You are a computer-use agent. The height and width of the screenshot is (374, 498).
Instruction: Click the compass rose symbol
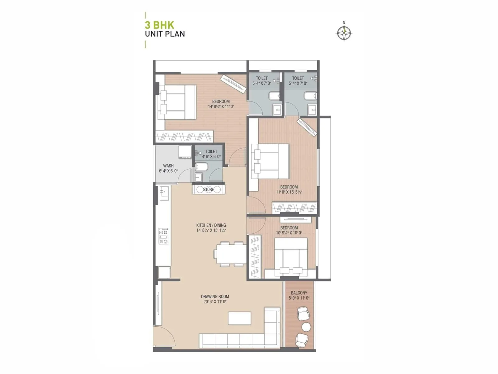coord(344,32)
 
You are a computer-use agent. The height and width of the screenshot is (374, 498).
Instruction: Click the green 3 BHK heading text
coord(159,25)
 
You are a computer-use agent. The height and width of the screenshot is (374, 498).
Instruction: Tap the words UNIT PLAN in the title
coord(165,34)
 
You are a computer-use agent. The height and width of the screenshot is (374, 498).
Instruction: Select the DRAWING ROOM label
coord(215,297)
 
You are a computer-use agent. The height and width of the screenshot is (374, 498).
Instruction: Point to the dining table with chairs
coord(230,254)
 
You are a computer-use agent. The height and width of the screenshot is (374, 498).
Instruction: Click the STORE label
coord(208,189)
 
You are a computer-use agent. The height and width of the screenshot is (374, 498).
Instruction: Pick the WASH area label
coord(168,166)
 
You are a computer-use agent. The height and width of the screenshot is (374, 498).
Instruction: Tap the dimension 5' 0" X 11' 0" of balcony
coord(299,298)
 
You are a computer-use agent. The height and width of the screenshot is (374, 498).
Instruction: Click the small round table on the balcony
coord(306,327)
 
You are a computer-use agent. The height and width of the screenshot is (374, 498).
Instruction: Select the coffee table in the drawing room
coord(239,318)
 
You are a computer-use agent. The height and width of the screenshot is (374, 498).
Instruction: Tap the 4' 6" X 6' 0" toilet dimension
coord(211,156)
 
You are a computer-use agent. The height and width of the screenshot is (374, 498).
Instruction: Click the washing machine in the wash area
coord(185,152)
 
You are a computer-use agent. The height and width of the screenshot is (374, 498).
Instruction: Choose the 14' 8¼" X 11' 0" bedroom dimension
coord(221,106)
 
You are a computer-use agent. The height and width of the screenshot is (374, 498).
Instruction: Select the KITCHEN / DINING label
coord(211,225)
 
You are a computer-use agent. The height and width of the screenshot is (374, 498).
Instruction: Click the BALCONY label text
coord(299,293)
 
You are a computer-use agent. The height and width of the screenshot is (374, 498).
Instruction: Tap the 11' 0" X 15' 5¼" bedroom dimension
coord(289,192)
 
